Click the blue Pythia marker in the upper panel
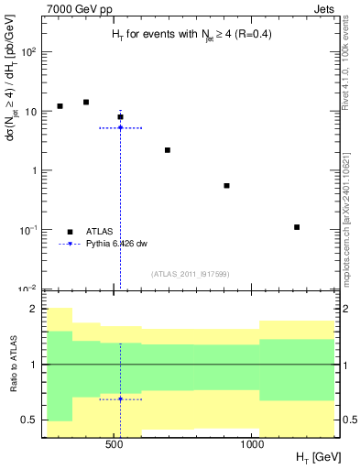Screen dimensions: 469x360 click(x=120, y=127)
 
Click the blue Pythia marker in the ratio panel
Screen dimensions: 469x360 click(x=120, y=399)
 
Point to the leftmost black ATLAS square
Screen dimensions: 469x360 click(x=60, y=106)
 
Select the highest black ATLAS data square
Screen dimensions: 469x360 click(x=86, y=102)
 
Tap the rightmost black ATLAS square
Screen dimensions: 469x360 click(x=297, y=226)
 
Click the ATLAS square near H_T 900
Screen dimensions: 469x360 click(x=226, y=185)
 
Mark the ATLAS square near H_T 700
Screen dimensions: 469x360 click(x=168, y=149)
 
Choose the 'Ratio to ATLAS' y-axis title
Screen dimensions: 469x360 click(x=12, y=366)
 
